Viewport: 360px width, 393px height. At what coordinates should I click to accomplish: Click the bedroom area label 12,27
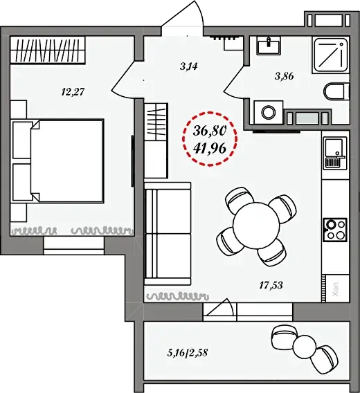coord(72,92)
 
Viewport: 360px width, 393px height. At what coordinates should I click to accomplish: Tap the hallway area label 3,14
coord(189,66)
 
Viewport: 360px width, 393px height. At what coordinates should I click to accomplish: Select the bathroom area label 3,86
coord(285,76)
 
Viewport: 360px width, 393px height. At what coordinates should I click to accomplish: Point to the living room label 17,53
coord(271,285)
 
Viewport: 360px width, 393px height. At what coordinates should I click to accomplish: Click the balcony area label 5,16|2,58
coord(187,353)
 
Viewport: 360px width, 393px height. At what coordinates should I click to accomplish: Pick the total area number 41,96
coord(210,149)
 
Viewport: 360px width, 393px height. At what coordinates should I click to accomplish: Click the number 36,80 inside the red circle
coord(210,131)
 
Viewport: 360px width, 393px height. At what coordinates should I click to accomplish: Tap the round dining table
coord(256,225)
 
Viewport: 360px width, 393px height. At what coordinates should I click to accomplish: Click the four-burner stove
coord(335,230)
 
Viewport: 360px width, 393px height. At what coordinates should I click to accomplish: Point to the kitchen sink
coord(335,152)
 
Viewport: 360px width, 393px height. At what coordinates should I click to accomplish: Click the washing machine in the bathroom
coord(269,113)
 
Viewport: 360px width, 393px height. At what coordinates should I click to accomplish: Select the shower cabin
coord(331,55)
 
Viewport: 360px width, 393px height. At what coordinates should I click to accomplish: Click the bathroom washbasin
coord(269,46)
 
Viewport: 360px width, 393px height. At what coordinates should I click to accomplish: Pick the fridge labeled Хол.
coord(335,289)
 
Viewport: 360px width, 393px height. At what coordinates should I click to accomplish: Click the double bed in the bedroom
coord(57,161)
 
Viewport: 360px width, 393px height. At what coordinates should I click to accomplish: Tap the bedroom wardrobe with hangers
coord(48,50)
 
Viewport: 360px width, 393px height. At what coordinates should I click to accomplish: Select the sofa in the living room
coord(168,234)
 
